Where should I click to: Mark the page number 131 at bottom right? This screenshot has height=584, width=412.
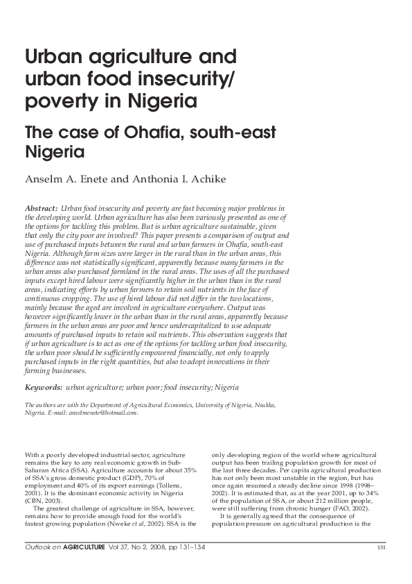[382, 549]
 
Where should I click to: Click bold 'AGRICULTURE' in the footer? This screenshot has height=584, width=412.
[82, 549]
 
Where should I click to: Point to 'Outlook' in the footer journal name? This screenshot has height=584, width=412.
[38, 549]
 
